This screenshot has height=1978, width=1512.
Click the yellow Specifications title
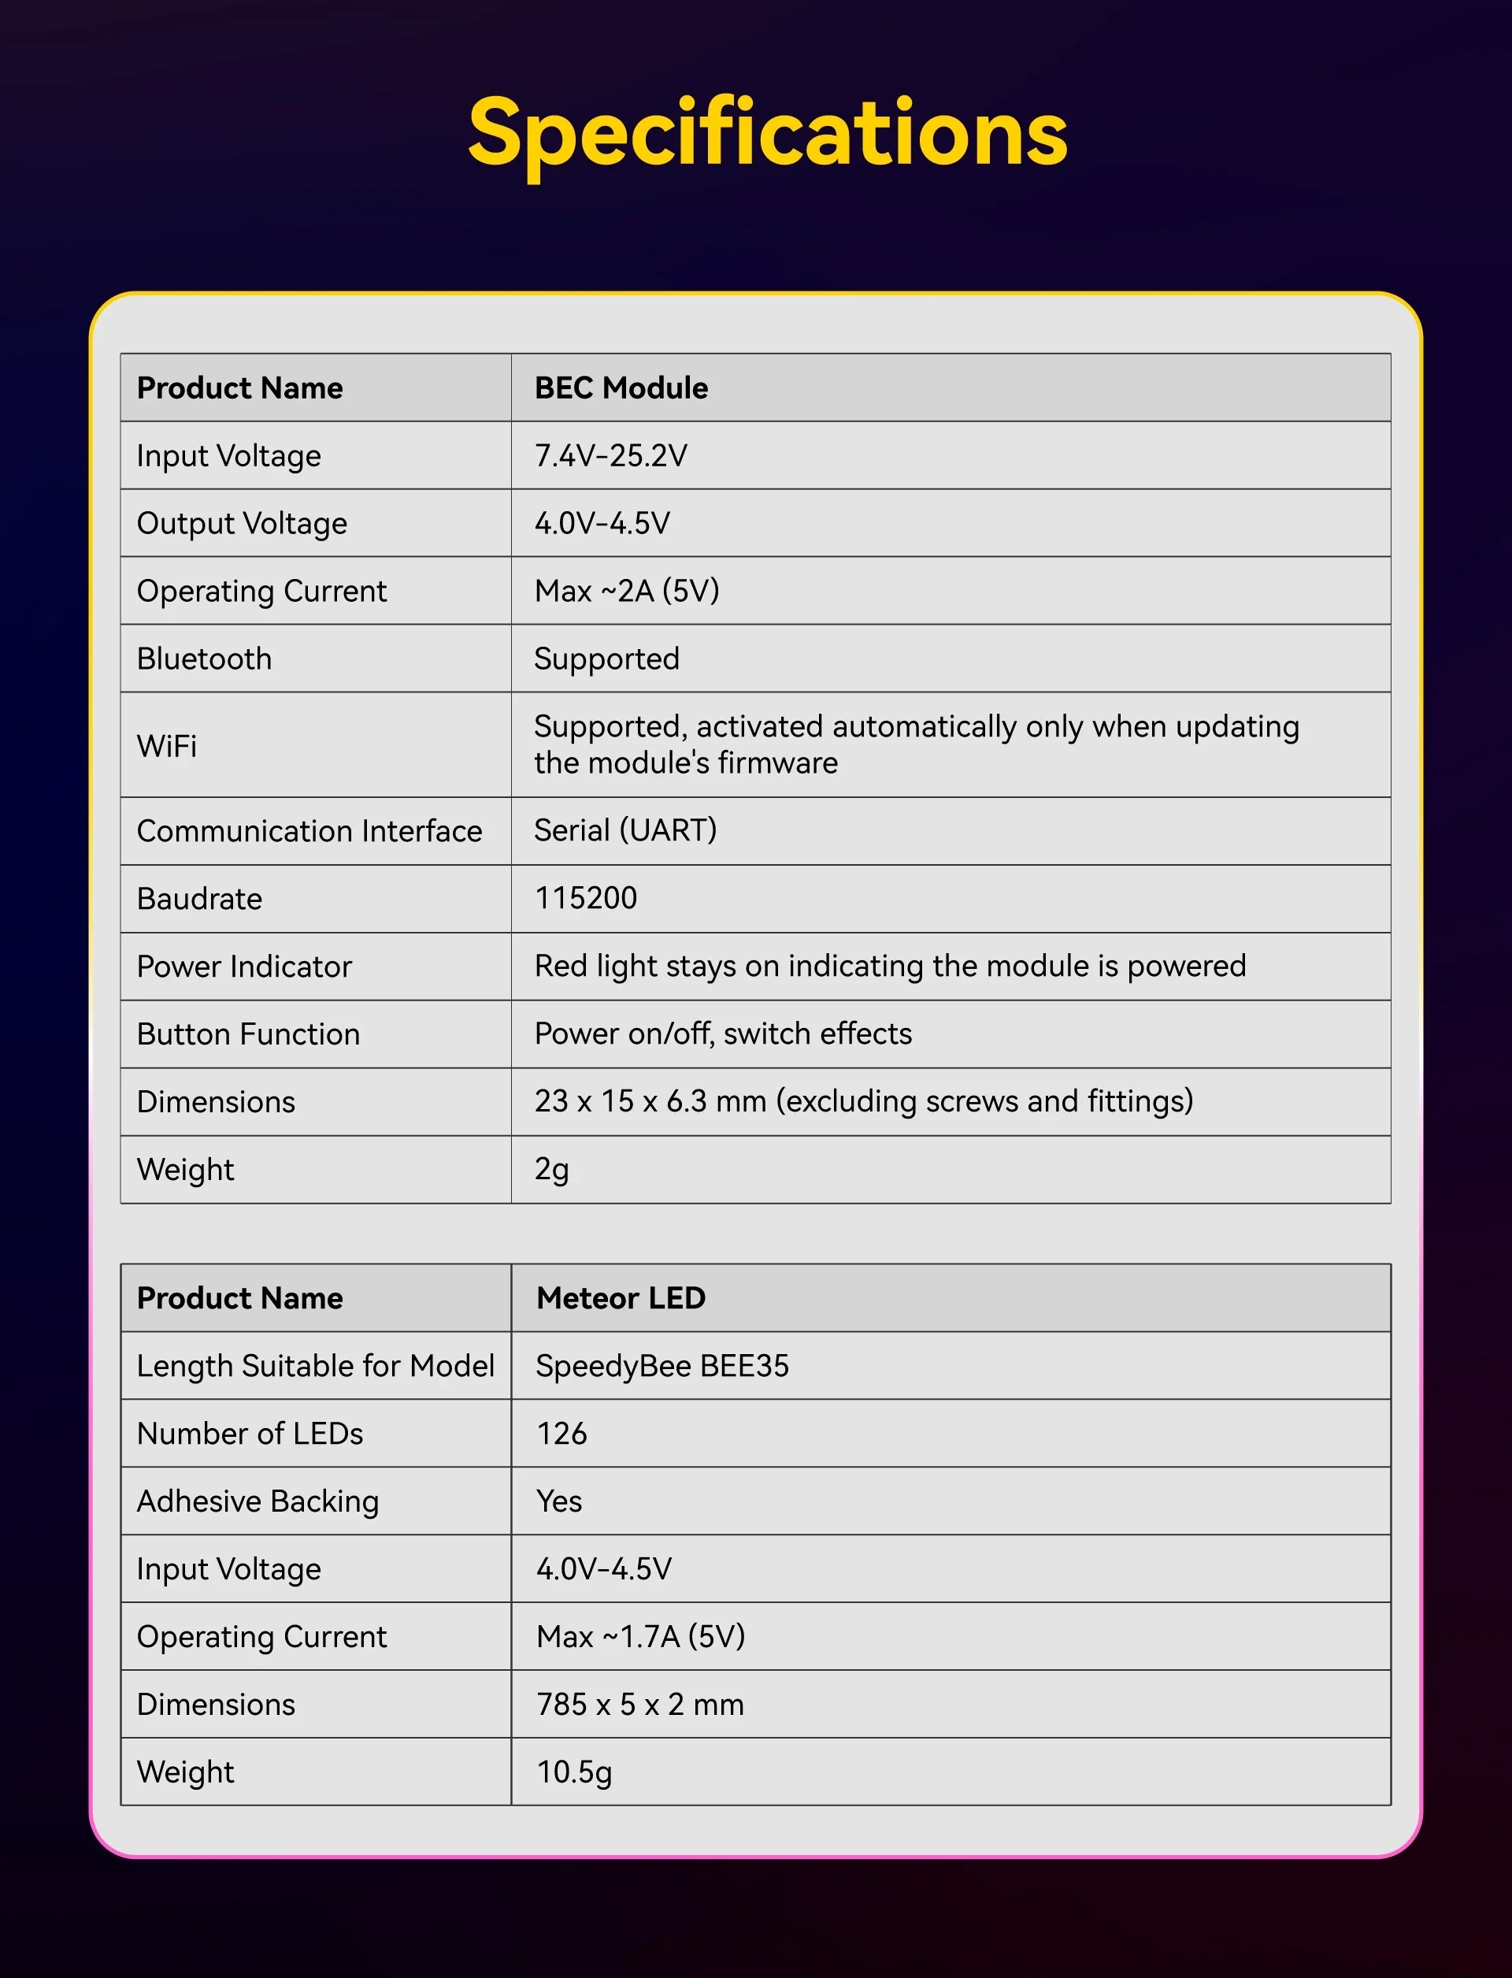tap(768, 133)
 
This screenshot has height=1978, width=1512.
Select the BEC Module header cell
tap(621, 388)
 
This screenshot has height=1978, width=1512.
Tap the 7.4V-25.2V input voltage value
tap(610, 455)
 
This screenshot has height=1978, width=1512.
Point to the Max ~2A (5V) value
tap(626, 591)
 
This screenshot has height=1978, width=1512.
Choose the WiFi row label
tap(166, 745)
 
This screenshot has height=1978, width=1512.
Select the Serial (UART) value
tap(625, 830)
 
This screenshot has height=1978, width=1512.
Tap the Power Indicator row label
tap(244, 966)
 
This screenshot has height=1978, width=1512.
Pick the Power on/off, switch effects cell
tap(723, 1034)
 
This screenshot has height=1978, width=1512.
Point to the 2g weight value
tap(552, 1170)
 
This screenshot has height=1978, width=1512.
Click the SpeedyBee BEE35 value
tap(662, 1366)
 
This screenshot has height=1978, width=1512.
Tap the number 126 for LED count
tap(561, 1434)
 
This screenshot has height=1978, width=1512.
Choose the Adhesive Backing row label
tap(258, 1501)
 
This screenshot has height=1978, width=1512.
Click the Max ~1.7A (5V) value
tap(641, 1636)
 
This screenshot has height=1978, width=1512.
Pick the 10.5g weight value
tap(574, 1772)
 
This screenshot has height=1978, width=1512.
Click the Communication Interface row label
tap(309, 831)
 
